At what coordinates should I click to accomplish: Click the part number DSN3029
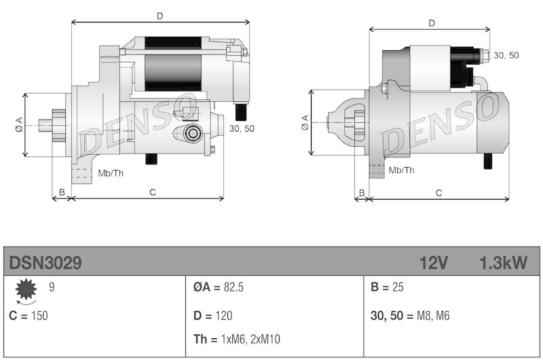coord(45,263)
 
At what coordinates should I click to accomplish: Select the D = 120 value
coord(213,316)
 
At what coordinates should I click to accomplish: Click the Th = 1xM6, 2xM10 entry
coord(237,339)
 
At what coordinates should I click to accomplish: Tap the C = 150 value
coord(29,316)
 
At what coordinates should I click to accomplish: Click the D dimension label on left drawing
coord(160,14)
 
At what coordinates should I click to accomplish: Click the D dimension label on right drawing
coord(432,23)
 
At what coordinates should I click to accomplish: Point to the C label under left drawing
coord(153,192)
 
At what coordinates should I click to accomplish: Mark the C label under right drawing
coord(438,193)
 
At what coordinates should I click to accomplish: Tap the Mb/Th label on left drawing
coord(111,173)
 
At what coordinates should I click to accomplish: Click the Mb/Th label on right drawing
coord(400,170)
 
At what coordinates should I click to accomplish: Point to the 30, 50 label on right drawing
coord(506,55)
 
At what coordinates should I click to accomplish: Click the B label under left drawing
coord(62,192)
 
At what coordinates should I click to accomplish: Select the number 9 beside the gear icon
coord(52,287)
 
